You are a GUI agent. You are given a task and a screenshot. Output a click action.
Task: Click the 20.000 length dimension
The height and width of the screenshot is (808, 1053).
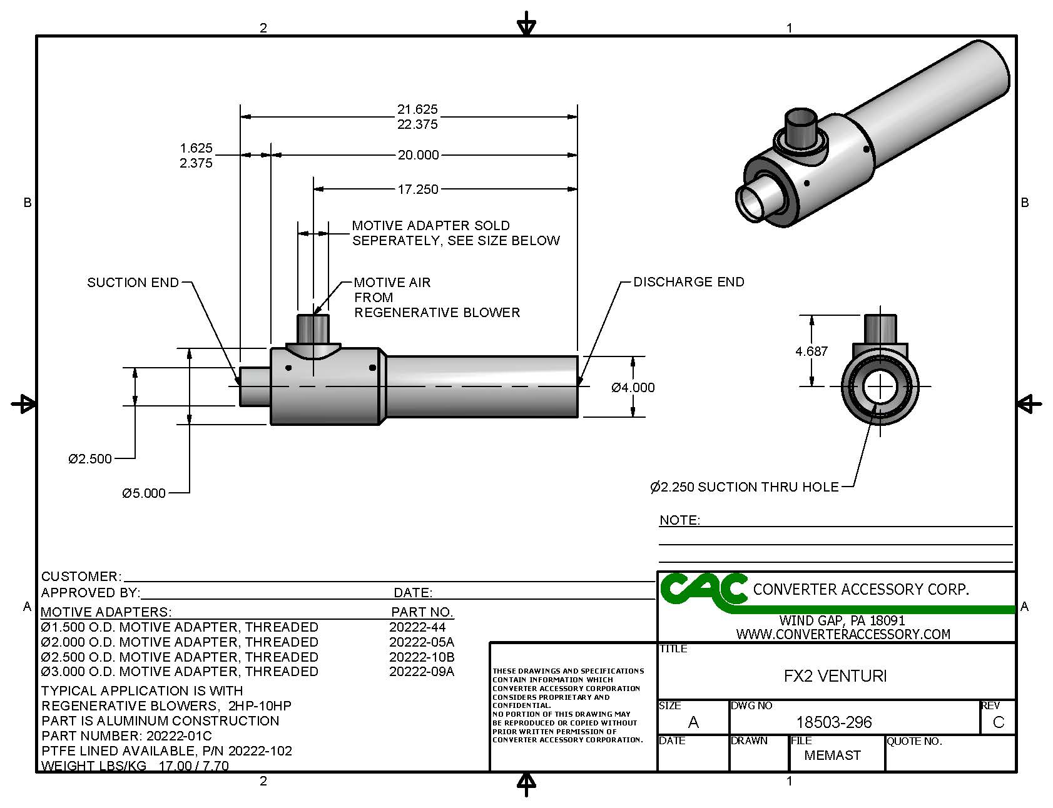pyautogui.click(x=418, y=155)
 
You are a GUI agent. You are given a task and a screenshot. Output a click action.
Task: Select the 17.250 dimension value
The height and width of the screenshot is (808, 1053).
pyautogui.click(x=418, y=189)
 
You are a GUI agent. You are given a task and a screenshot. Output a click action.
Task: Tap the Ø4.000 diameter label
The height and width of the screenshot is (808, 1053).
pyautogui.click(x=633, y=388)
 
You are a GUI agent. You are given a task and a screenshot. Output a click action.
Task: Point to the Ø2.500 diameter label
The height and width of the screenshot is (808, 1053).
pyautogui.click(x=90, y=459)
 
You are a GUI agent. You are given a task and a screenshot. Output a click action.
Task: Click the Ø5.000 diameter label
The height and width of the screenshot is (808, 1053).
pyautogui.click(x=144, y=493)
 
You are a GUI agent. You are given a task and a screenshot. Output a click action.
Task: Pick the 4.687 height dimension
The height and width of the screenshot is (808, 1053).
pyautogui.click(x=811, y=351)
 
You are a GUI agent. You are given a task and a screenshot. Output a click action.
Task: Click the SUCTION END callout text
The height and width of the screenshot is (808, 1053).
pyautogui.click(x=133, y=283)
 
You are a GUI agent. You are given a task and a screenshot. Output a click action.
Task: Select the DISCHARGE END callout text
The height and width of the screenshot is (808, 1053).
pyautogui.click(x=688, y=282)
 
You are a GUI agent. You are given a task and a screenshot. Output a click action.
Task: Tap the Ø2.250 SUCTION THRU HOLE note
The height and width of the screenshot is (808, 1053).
pyautogui.click(x=744, y=487)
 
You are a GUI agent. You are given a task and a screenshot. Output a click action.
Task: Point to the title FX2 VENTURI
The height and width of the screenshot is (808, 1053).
pyautogui.click(x=835, y=676)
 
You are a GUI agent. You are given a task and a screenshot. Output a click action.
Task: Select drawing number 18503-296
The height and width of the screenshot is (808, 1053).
pyautogui.click(x=833, y=722)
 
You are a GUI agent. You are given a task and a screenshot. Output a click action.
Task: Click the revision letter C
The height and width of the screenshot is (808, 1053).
pyautogui.click(x=998, y=722)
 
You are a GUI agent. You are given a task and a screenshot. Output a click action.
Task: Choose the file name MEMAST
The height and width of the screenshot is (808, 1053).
pyautogui.click(x=832, y=755)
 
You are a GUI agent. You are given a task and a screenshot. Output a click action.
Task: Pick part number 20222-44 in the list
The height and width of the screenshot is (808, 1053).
pyautogui.click(x=417, y=627)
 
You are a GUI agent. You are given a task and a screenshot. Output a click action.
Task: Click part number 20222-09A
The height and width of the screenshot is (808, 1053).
pyautogui.click(x=421, y=672)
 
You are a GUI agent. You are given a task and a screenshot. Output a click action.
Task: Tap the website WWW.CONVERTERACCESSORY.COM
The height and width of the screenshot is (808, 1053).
pyautogui.click(x=843, y=634)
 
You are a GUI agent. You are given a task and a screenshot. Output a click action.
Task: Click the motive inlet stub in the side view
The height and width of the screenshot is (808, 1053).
pyautogui.click(x=313, y=328)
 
